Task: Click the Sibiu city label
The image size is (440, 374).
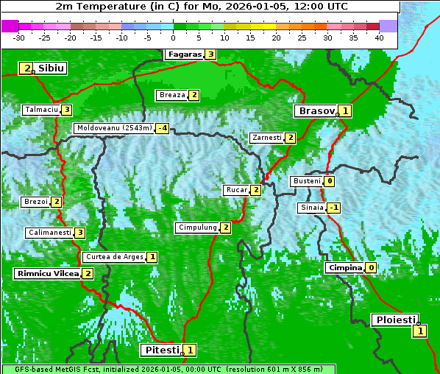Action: [x=52, y=68]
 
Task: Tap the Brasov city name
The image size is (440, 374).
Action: [x=316, y=111]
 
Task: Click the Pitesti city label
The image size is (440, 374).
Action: [x=160, y=350]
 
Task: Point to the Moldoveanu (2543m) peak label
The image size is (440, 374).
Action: [x=114, y=128]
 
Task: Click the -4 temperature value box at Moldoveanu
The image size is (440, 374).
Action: [x=162, y=128]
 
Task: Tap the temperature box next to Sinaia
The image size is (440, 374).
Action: [x=333, y=208]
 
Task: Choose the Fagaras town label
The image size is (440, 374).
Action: [x=184, y=54]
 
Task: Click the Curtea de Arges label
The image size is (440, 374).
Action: [x=113, y=257]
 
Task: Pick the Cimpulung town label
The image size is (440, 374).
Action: [x=197, y=227]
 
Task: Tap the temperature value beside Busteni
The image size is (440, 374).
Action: [x=330, y=181]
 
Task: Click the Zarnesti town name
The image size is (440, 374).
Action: [x=266, y=138]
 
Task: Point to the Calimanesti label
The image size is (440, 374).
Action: [x=49, y=233]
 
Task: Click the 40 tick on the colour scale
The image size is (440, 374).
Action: [x=379, y=38]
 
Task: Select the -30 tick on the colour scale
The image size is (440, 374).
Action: [x=19, y=38]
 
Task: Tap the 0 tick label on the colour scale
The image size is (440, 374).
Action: [x=173, y=38]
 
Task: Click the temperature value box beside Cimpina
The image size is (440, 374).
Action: [x=372, y=268]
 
